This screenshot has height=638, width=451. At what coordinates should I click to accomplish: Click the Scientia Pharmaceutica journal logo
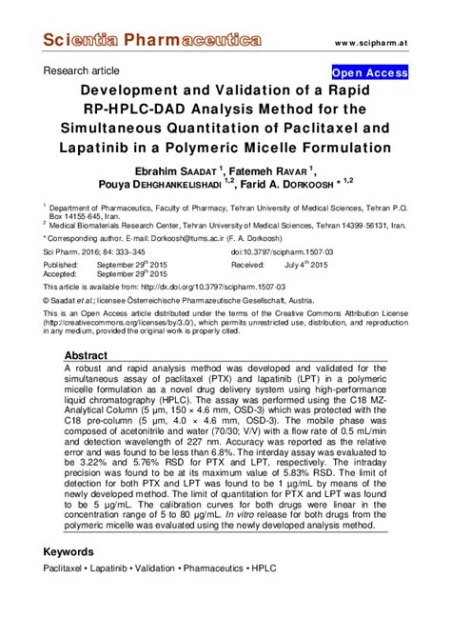[151, 41]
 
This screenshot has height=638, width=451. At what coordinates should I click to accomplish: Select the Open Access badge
[369, 72]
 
